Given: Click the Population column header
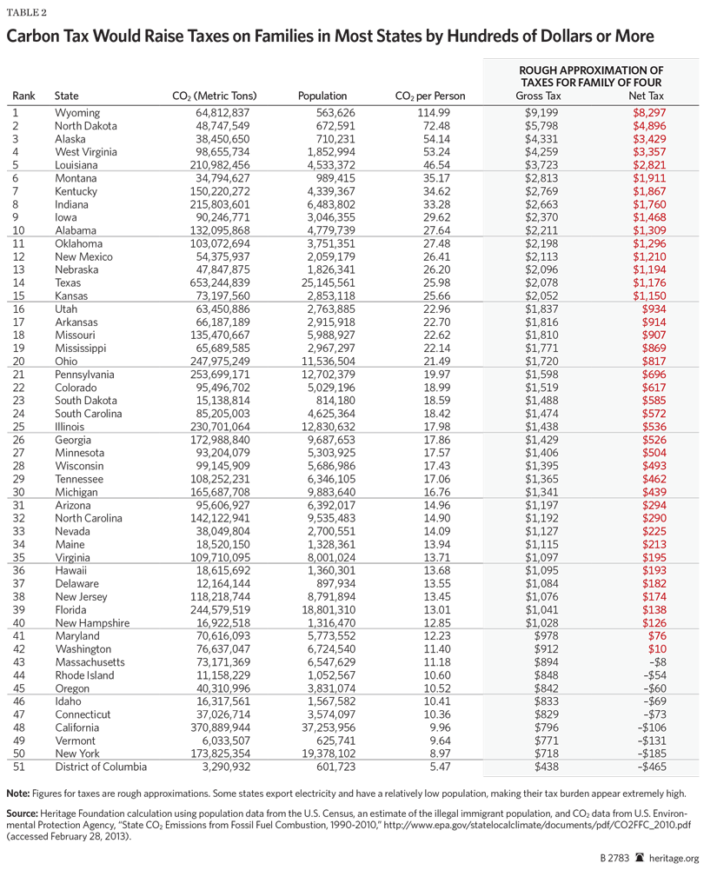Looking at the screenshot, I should coord(322,96).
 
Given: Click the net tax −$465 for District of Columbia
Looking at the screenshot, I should coord(650,767).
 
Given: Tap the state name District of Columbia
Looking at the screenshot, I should coord(101,767).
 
